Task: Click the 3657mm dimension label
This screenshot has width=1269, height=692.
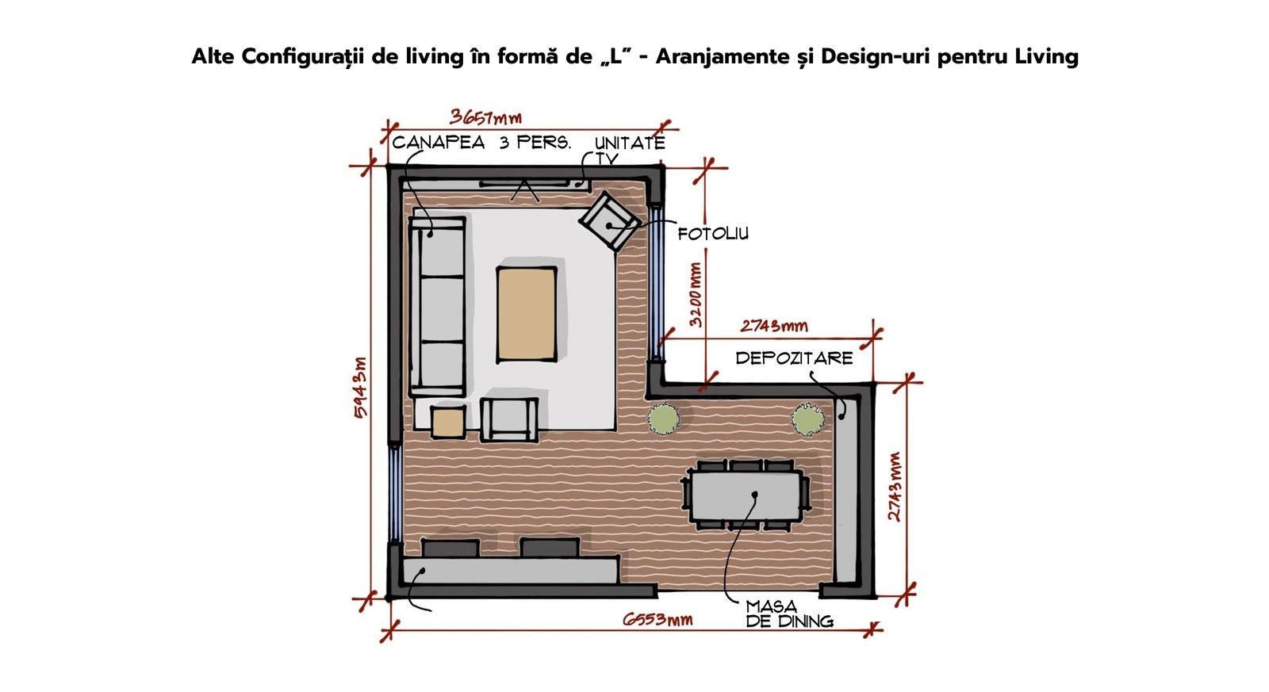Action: coord(485,117)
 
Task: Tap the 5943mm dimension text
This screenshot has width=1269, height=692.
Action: coord(360,388)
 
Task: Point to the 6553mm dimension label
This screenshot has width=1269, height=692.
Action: coord(658,620)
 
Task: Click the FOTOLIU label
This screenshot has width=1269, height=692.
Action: coord(713,233)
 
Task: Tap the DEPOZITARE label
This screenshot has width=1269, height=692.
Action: coord(794,358)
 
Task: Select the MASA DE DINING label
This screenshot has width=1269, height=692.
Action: coord(789,614)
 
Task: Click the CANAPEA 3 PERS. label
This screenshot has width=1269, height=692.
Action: coord(481,142)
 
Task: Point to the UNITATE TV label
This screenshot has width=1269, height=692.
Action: coord(630,150)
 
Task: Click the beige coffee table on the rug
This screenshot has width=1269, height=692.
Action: coord(527,314)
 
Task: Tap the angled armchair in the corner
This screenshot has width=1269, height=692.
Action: coord(610,221)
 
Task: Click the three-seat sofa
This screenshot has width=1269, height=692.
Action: coord(437,306)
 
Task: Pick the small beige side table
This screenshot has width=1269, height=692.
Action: coord(448,422)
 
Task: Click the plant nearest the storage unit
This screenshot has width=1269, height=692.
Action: coord(807,419)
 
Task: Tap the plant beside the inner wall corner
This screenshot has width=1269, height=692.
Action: coord(663,419)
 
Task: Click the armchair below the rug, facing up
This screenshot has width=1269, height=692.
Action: coord(509,419)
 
